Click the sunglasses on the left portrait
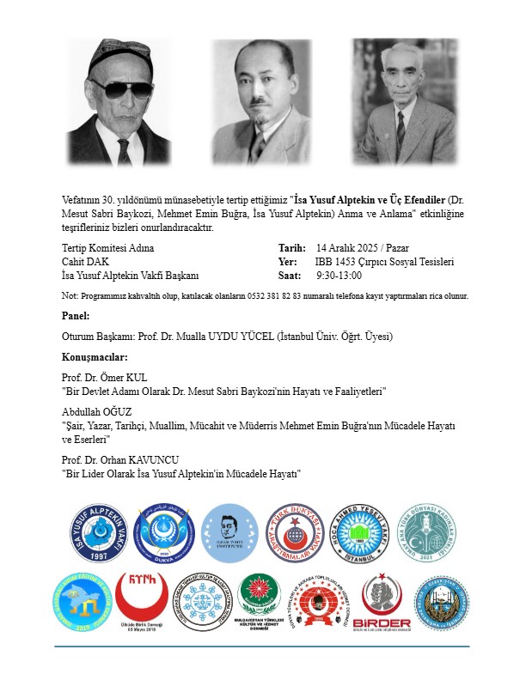pyautogui.click(x=120, y=88)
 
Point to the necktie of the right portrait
pyautogui.click(x=401, y=129)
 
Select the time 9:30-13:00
pyautogui.click(x=339, y=276)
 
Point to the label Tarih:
pyautogui.click(x=292, y=247)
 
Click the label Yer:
pyautogui.click(x=288, y=262)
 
